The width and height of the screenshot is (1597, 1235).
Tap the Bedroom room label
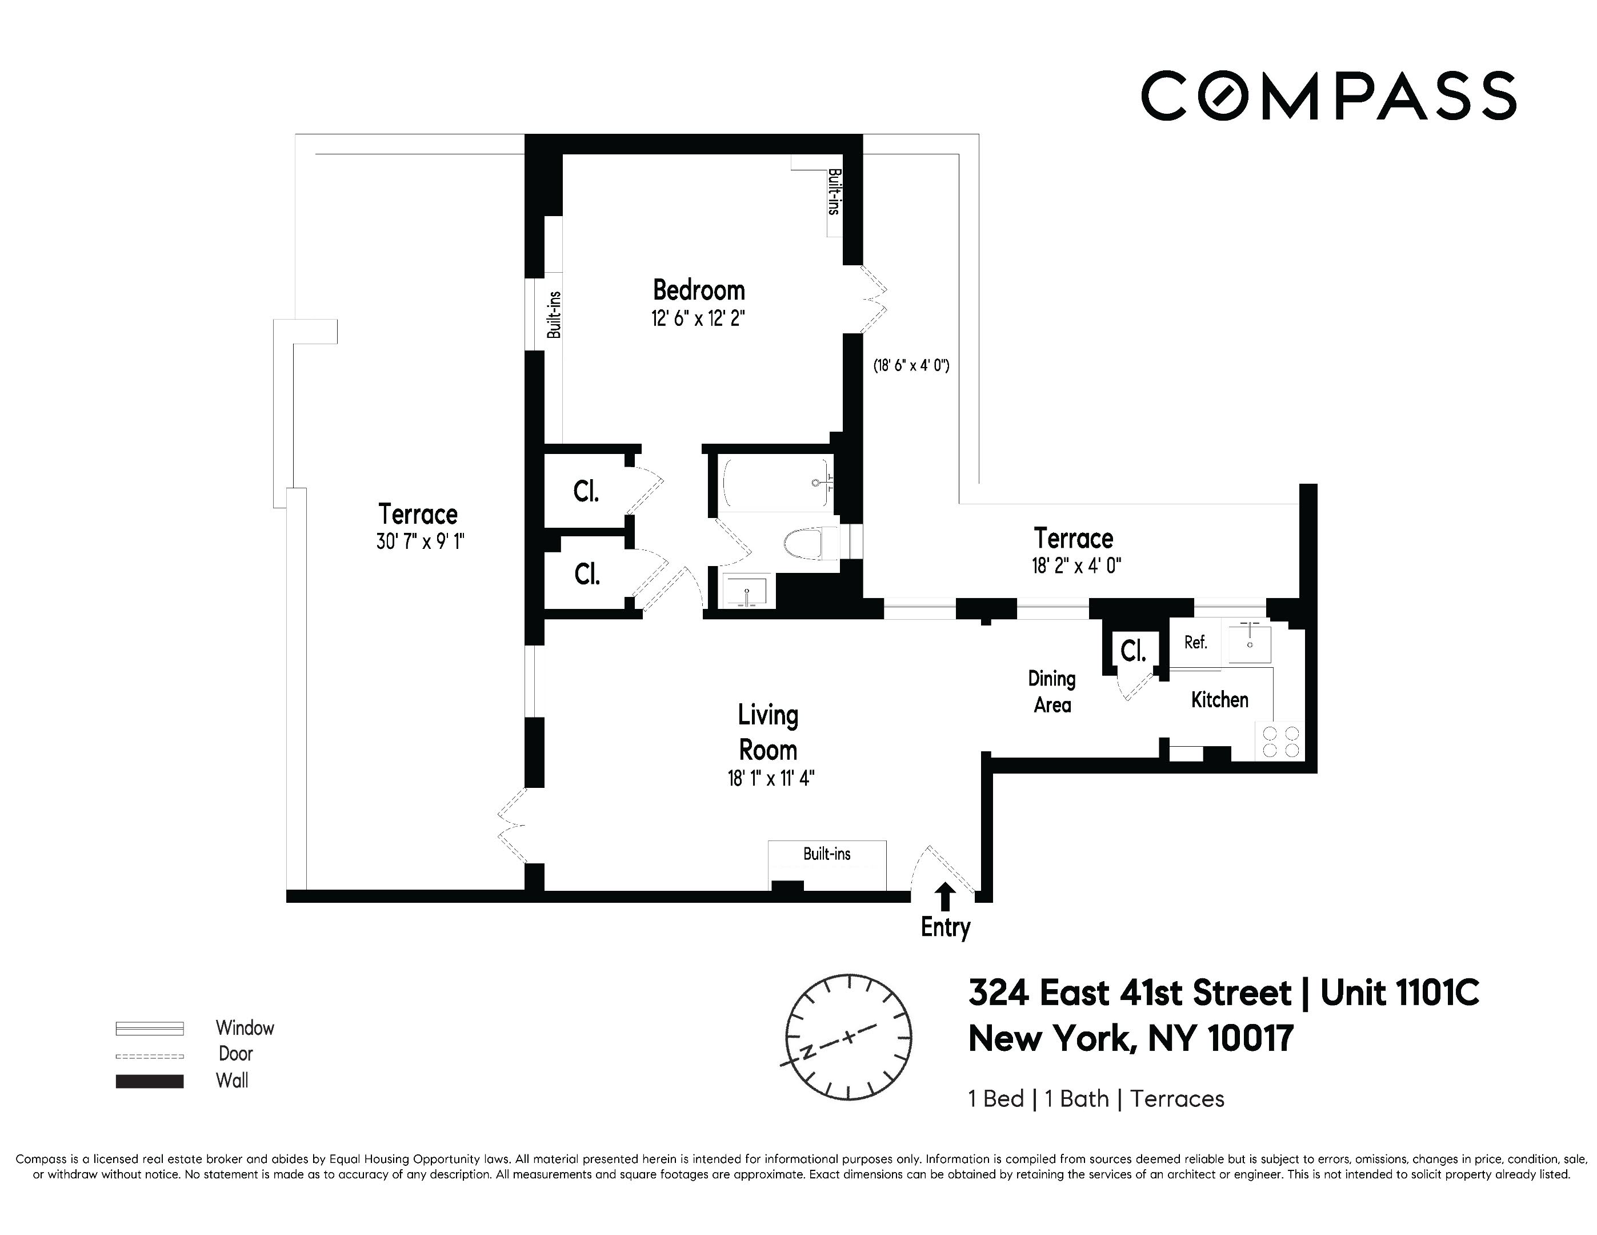click(x=698, y=290)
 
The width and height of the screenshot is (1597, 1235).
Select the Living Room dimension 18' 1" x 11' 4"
click(x=770, y=778)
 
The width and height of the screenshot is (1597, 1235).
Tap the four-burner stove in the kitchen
click(x=1281, y=741)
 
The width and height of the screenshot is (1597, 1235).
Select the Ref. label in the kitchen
click(x=1195, y=643)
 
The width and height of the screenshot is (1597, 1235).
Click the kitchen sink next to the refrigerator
click(x=1250, y=644)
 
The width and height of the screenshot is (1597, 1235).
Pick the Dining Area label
click(x=1051, y=691)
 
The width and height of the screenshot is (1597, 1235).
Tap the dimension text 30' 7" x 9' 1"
click(x=421, y=541)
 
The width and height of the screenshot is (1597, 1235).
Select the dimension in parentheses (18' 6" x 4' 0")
click(x=911, y=365)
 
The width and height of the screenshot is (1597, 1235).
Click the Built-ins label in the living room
click(x=826, y=854)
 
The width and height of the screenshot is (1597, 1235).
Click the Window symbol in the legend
click(x=149, y=1028)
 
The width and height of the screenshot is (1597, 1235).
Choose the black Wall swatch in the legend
click(x=149, y=1081)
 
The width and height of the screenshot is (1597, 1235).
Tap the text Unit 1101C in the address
click(x=1399, y=993)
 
